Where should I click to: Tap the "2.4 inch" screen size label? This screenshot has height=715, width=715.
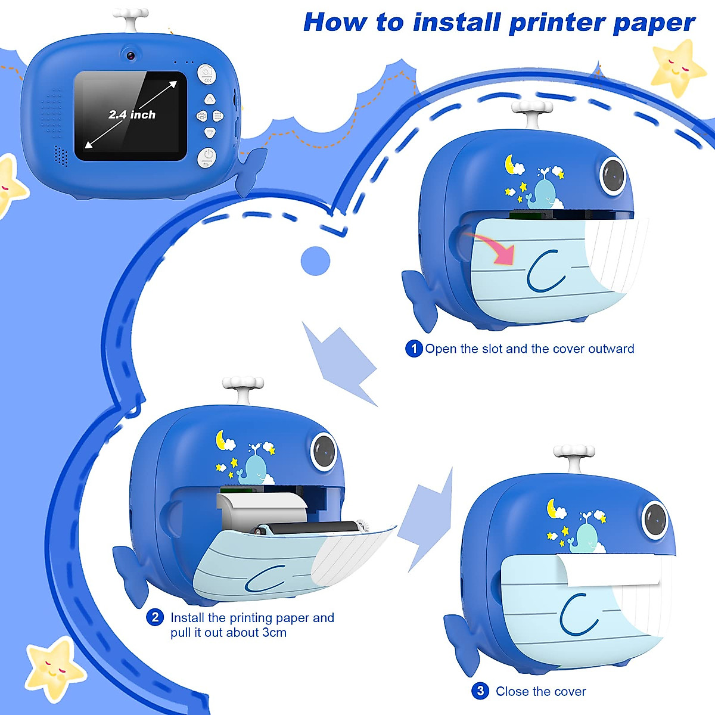[132, 114]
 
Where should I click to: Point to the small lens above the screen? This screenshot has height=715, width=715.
[130, 55]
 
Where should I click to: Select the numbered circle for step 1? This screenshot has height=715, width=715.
[414, 349]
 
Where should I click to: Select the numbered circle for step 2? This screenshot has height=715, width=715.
[155, 617]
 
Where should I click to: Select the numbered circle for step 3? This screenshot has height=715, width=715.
[480, 691]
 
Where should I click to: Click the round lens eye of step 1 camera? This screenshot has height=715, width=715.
[613, 175]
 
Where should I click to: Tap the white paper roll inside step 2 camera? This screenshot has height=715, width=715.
[262, 508]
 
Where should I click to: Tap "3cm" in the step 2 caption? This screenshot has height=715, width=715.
[273, 633]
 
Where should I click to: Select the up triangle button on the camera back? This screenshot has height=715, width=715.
[209, 99]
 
